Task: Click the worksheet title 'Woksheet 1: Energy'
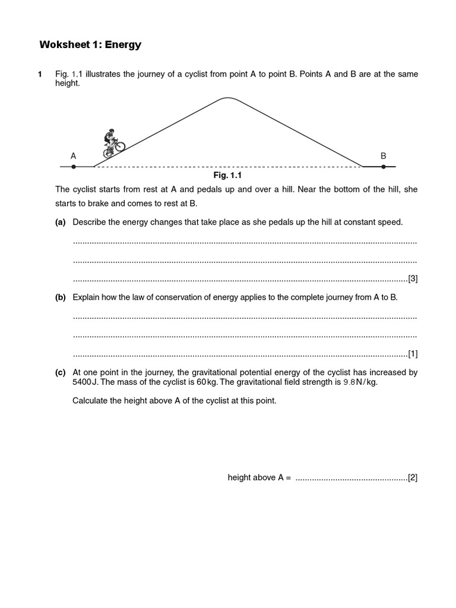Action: [x=90, y=45]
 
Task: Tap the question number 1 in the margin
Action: [x=40, y=74]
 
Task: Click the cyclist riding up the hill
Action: [x=113, y=144]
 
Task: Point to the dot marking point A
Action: [x=74, y=167]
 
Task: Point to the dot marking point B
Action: [x=384, y=167]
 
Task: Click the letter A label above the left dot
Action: [x=74, y=156]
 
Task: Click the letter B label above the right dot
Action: [x=384, y=156]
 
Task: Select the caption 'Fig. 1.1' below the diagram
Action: [x=228, y=176]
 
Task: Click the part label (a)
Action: [x=60, y=222]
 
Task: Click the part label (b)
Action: [x=60, y=297]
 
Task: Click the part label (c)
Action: [x=60, y=372]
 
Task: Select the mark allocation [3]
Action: [x=413, y=278]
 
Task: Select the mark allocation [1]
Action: [x=413, y=353]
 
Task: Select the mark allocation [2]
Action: [x=413, y=477]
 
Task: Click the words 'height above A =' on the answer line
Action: [x=259, y=477]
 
